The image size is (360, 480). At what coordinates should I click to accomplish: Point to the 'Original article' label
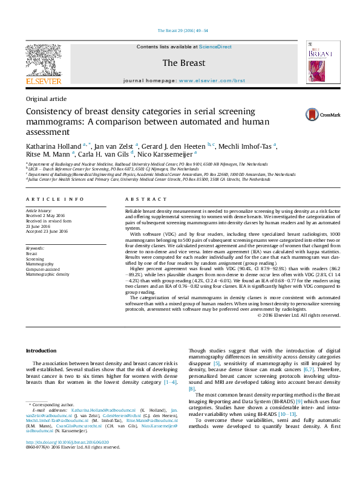pyautogui.click(x=46, y=99)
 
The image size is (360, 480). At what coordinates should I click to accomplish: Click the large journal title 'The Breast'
pyautogui.click(x=183, y=63)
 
